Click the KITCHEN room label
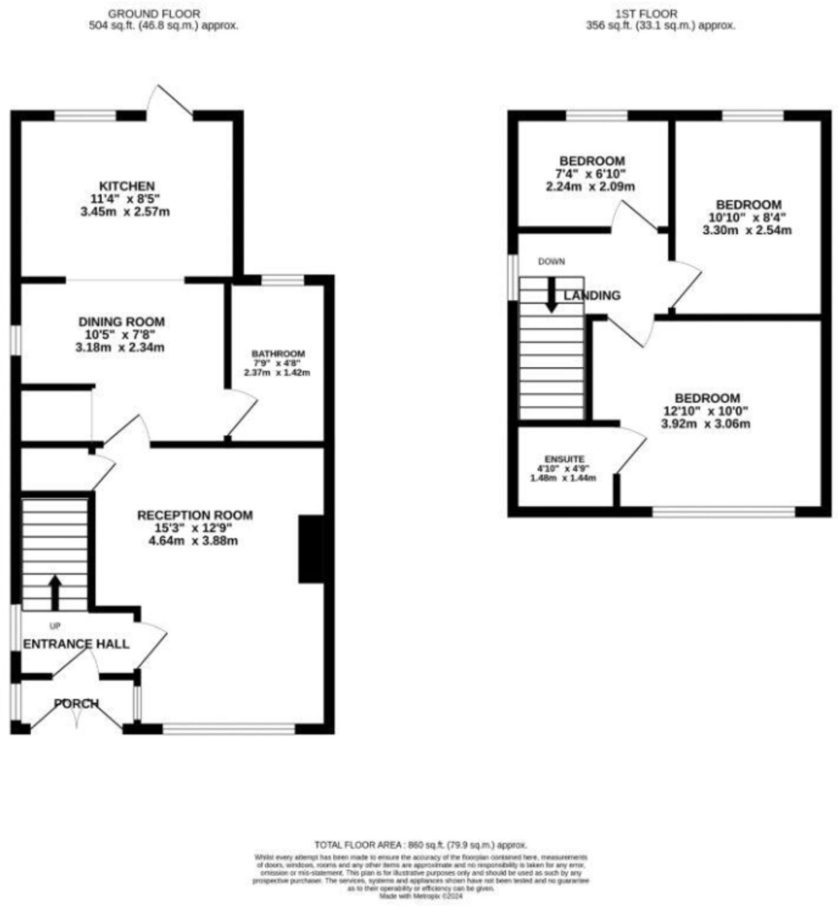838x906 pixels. tap(127, 186)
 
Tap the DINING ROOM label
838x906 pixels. tap(121, 322)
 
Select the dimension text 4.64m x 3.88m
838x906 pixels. tap(193, 541)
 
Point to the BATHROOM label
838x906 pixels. tap(278, 353)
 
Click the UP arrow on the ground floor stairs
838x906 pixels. tap(55, 592)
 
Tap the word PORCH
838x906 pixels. tap(76, 703)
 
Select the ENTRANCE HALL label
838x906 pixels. tap(76, 644)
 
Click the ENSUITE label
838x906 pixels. tap(564, 459)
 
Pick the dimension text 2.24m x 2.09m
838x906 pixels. tap(590, 186)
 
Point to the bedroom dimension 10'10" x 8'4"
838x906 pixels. tap(747, 217)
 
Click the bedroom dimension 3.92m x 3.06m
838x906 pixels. tap(706, 424)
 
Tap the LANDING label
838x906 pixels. tap(592, 296)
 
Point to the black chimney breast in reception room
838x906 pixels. tap(311, 549)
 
